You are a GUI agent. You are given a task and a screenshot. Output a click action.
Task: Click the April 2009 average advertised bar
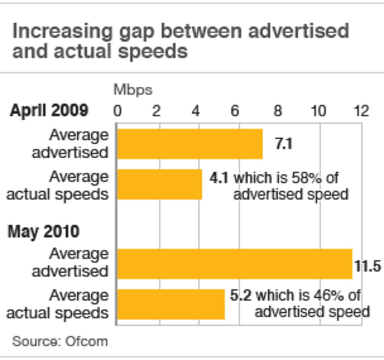190,144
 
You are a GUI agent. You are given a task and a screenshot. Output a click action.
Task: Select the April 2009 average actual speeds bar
160,184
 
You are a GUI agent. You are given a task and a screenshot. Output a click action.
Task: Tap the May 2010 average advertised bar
235,264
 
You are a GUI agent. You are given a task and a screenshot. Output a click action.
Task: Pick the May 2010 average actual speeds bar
171,304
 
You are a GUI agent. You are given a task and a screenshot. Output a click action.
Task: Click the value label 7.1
283,144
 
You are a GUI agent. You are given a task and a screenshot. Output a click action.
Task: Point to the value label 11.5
368,266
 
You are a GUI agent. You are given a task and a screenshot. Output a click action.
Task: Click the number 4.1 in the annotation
219,178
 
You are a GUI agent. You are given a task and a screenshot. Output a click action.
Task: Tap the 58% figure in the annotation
305,178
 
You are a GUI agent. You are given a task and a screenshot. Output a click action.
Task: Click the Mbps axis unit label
133,90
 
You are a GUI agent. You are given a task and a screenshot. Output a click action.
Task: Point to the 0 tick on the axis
117,111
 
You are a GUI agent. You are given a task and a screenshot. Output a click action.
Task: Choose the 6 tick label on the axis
235,111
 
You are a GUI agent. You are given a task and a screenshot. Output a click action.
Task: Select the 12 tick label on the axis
361,111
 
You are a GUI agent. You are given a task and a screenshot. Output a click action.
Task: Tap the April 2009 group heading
49,111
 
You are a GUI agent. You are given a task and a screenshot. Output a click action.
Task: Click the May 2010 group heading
43,231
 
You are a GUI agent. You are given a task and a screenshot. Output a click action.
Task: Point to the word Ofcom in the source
86,342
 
